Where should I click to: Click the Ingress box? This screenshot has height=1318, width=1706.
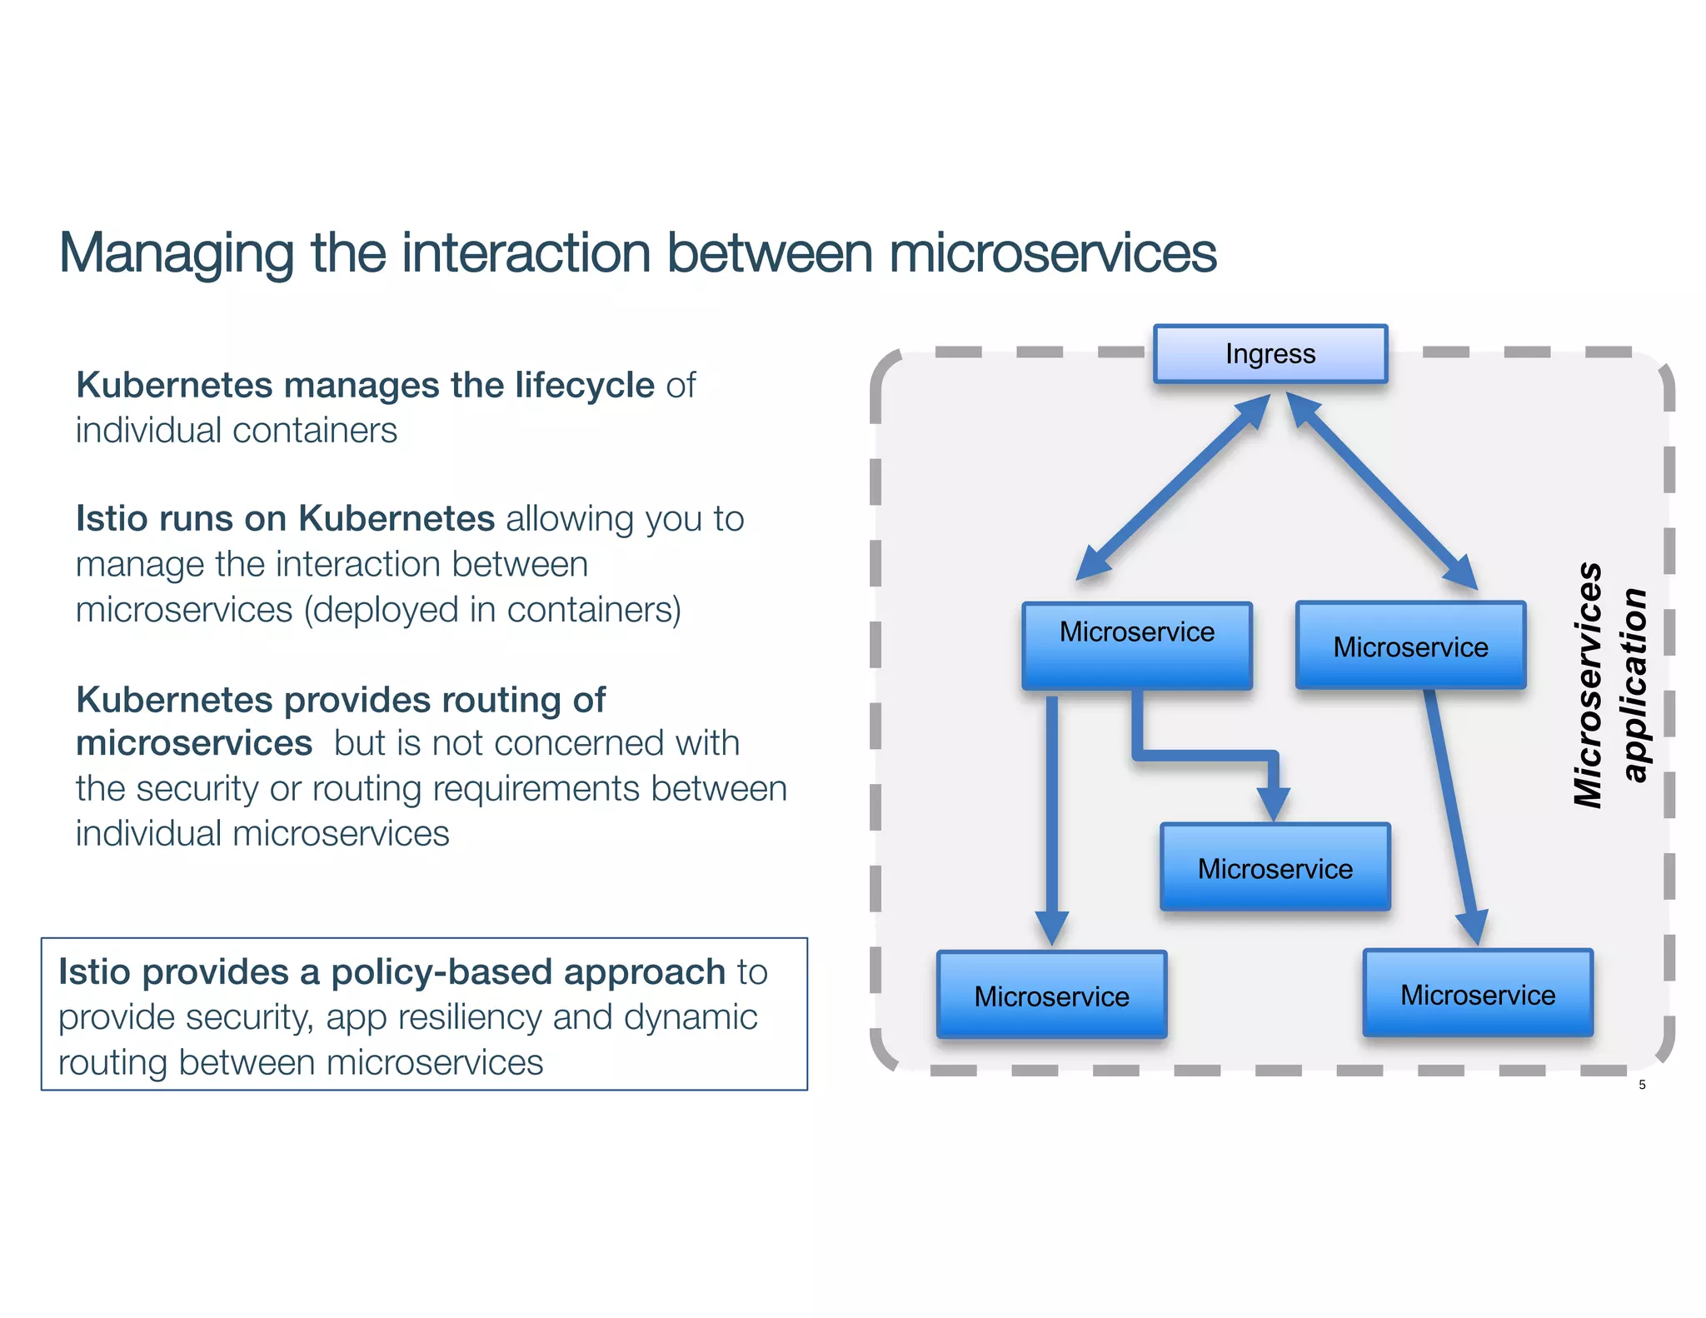tap(1270, 354)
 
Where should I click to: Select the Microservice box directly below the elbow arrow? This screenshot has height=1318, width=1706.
tap(1275, 867)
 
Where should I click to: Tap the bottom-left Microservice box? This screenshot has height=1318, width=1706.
tap(1051, 995)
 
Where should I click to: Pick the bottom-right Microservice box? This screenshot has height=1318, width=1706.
tap(1477, 993)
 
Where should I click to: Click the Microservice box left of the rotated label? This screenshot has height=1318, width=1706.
tap(1410, 646)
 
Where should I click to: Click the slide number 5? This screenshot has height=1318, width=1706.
tap(1642, 1085)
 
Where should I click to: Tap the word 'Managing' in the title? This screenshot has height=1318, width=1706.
tap(176, 253)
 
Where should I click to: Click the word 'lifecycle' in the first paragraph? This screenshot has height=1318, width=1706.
tap(584, 386)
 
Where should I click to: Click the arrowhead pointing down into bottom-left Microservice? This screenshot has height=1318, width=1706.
tap(1051, 927)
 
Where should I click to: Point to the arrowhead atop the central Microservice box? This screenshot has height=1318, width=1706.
tap(1273, 803)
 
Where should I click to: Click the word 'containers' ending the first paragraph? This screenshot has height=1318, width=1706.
tap(314, 431)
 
